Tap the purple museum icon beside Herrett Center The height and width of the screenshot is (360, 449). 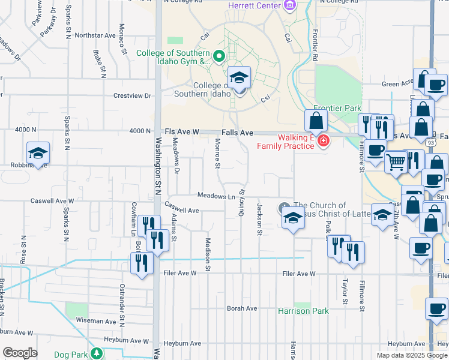(291, 5)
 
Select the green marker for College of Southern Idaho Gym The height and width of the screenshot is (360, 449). (219, 57)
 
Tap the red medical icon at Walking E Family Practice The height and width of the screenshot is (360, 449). (324, 141)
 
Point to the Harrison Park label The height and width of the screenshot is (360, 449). (303, 311)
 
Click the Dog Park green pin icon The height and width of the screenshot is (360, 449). (96, 353)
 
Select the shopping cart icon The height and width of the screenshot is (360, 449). (396, 161)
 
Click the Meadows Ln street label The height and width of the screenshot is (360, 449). (216, 196)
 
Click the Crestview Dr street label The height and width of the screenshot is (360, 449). (132, 95)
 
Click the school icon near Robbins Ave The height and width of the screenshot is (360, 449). (38, 153)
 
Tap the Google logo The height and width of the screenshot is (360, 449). (20, 353)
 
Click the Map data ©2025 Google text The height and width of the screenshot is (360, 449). (412, 355)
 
